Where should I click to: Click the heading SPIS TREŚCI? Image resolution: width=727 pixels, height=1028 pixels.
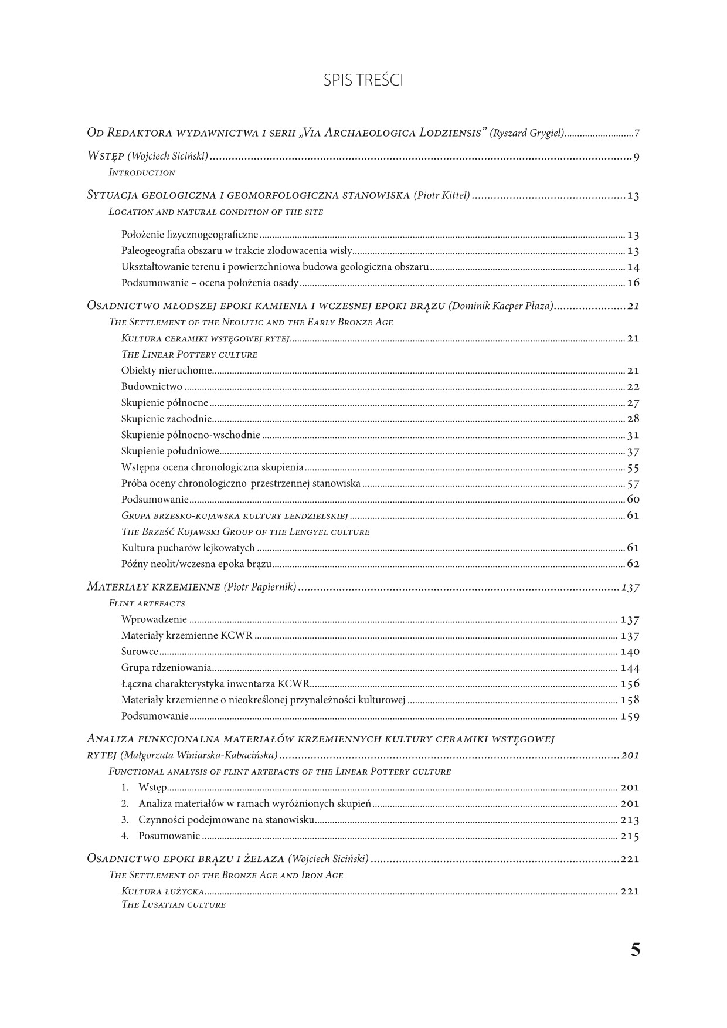point(363,81)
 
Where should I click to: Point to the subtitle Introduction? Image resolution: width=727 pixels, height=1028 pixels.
point(142,172)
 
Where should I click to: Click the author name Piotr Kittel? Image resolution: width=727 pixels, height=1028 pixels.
point(441,195)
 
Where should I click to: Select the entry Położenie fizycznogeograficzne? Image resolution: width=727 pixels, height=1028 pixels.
point(189,235)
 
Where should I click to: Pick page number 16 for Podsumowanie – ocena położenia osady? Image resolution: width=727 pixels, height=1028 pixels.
point(633,283)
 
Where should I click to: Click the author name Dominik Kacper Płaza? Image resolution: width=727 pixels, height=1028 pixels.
point(501,306)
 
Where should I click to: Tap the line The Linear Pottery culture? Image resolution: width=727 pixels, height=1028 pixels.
point(189,354)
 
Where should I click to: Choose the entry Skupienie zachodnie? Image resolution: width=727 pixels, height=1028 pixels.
point(166,419)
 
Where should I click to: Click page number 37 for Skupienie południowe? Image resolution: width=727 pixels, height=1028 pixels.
point(633,452)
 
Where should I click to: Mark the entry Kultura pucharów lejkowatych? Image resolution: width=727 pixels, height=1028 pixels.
point(188,548)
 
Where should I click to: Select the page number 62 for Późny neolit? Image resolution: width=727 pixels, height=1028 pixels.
point(633,564)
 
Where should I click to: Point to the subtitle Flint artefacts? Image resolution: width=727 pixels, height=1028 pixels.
point(147,603)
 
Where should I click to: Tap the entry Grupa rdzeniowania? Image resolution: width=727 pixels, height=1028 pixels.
point(166,667)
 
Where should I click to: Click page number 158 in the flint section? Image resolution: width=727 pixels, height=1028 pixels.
point(630,700)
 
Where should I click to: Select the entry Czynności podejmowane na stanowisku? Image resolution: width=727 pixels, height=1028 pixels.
point(226,820)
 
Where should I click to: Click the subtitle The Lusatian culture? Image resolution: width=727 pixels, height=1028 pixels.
point(174,904)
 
